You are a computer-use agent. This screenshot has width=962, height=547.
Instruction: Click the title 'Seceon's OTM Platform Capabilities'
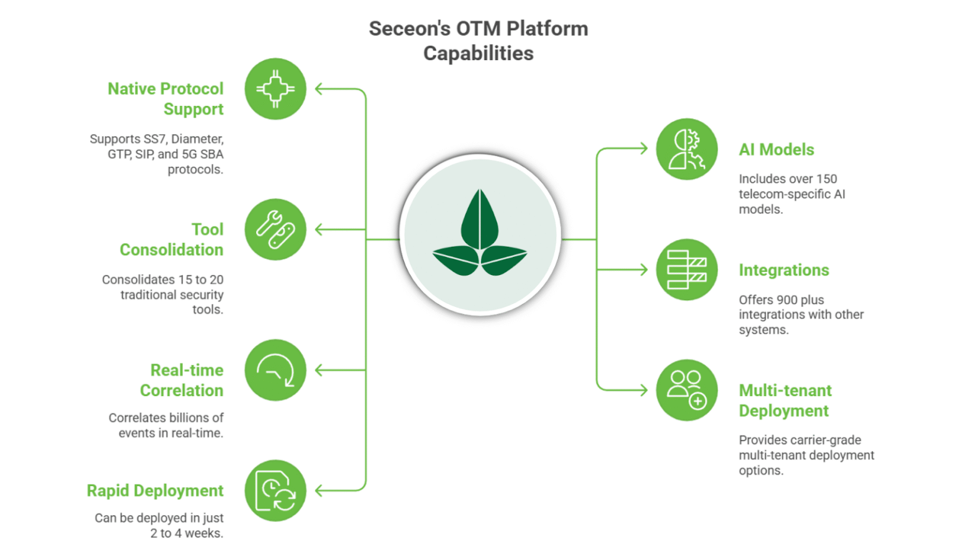point(478,41)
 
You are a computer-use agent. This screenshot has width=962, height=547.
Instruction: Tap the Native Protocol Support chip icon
point(276,89)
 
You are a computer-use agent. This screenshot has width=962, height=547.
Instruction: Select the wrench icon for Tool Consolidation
point(276,229)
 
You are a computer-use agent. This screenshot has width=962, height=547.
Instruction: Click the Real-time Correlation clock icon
point(276,370)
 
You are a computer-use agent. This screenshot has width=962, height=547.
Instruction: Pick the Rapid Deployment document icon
point(276,491)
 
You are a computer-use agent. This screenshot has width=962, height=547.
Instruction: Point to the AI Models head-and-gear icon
point(686,149)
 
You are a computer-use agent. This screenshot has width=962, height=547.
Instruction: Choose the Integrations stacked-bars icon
point(686,270)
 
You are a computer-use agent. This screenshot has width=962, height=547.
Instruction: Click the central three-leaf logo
point(480,232)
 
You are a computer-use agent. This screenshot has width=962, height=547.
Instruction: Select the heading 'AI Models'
point(777,150)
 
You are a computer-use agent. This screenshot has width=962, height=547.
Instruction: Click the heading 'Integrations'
point(784,270)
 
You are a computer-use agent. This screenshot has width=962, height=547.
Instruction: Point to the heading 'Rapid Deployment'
point(155,491)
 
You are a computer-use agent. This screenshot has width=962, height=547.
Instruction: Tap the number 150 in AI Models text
point(827,179)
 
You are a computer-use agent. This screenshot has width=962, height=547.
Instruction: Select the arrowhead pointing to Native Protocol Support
point(319,89)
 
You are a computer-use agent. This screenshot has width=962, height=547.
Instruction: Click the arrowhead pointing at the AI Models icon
point(643,148)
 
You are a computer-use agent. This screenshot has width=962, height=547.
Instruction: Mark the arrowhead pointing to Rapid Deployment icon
point(319,491)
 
